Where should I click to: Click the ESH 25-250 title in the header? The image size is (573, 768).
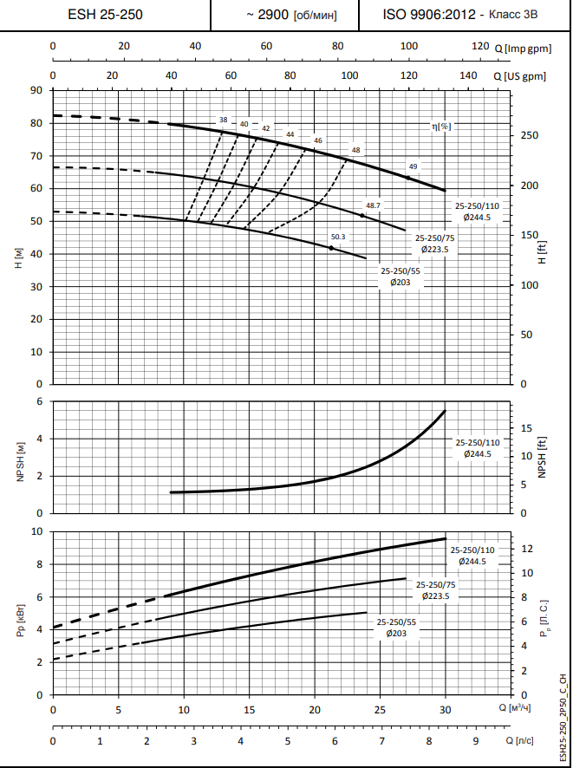click(105, 15)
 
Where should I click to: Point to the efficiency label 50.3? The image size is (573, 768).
click(338, 237)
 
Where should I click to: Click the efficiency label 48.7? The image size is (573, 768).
click(373, 205)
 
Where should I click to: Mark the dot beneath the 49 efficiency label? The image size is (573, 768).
click(408, 178)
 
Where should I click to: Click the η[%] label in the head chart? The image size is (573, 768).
click(442, 127)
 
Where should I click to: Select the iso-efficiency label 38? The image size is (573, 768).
click(224, 120)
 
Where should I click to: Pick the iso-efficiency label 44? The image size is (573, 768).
click(290, 134)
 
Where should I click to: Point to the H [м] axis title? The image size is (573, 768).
click(18, 257)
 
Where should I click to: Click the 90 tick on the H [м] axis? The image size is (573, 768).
click(36, 90)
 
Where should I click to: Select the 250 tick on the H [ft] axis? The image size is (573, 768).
click(530, 135)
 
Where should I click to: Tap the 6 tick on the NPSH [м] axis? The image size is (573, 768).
click(39, 401)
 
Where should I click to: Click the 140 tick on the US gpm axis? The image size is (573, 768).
click(468, 76)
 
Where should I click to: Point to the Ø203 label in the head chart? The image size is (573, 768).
click(400, 283)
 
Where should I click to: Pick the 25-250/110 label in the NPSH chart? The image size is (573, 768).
click(478, 442)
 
